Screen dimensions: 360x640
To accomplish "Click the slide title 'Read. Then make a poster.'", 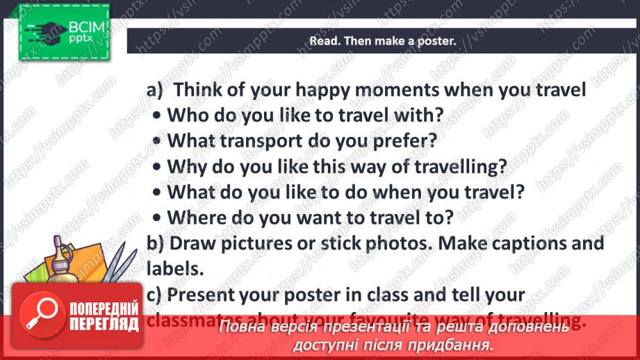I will (382, 41).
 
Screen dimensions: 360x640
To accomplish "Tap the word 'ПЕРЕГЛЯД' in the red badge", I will (104, 324).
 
